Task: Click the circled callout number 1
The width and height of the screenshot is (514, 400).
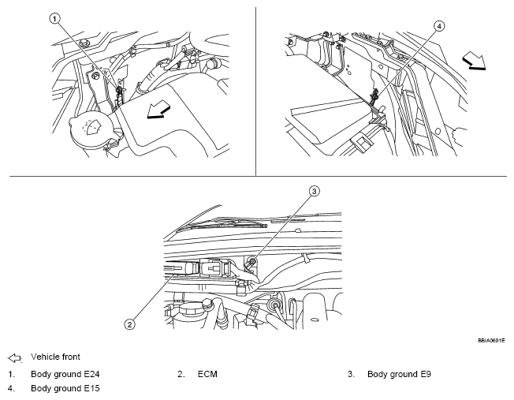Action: tap(54, 17)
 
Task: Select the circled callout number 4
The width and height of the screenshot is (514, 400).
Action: tap(439, 25)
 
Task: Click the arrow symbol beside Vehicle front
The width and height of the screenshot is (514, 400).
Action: tap(14, 357)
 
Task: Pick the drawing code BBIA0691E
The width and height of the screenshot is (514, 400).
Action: tap(490, 340)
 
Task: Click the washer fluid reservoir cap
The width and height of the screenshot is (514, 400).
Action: tap(89, 128)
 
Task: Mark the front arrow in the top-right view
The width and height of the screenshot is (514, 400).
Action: tap(472, 60)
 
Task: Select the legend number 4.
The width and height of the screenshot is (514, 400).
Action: tap(10, 388)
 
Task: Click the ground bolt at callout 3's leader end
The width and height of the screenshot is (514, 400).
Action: tap(252, 263)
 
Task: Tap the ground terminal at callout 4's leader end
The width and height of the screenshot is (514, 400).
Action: tap(375, 96)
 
